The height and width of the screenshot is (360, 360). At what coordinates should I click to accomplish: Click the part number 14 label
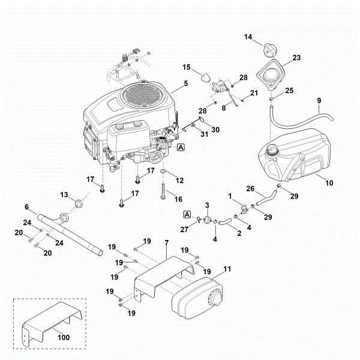pos(248,37)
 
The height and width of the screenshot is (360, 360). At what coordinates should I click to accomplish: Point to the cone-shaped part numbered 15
pos(206,77)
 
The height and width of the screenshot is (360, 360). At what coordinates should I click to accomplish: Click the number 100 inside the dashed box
pos(64,337)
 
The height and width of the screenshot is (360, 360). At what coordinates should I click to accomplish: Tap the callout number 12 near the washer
pos(179,180)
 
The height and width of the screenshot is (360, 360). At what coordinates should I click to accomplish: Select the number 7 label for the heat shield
pos(166,241)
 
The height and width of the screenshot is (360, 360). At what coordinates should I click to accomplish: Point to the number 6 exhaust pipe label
pos(26,207)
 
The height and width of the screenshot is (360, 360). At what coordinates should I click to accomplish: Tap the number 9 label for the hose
pos(319,100)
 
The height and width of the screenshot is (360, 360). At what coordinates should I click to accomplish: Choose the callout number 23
pos(296,58)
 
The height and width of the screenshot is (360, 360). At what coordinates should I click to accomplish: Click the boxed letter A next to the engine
pos(181,146)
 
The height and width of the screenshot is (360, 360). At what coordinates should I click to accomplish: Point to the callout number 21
pos(254,92)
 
